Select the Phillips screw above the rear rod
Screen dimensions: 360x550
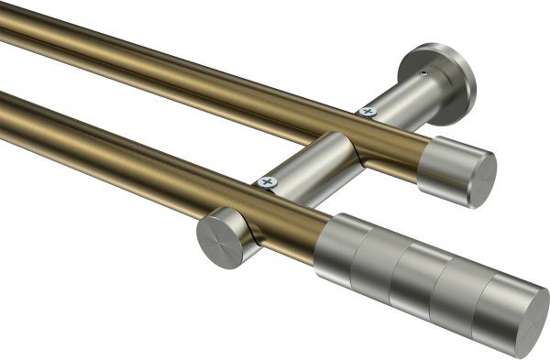coord(368,111)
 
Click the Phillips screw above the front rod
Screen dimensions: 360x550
coord(269,182)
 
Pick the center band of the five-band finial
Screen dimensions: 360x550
coord(417,275)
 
